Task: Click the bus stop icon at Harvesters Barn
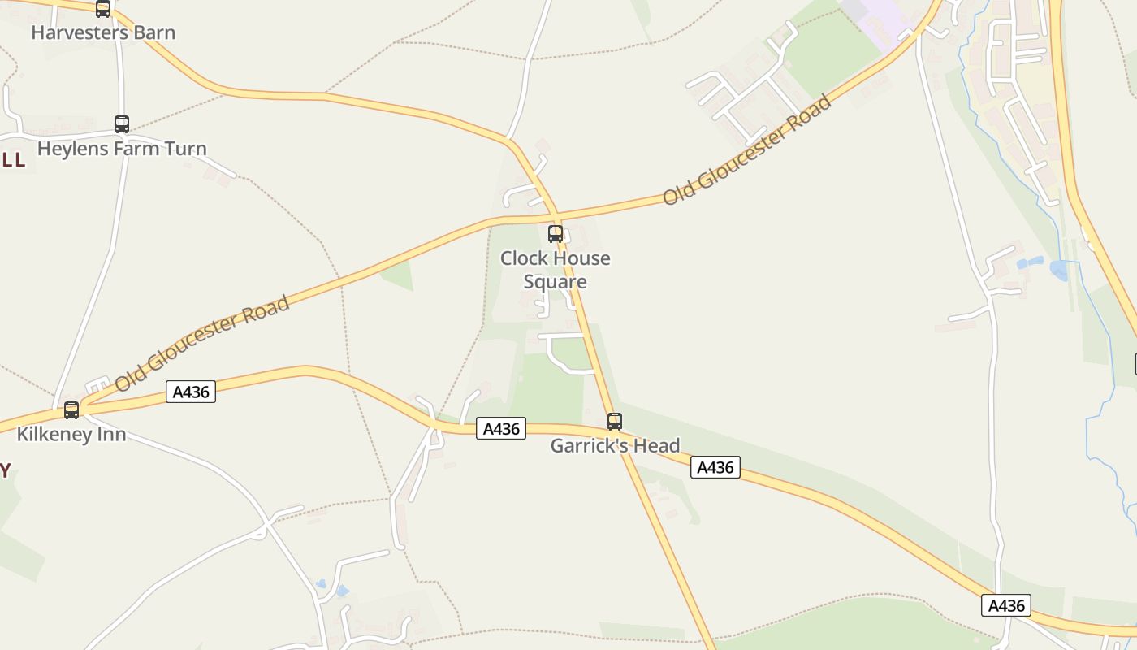(x=103, y=9)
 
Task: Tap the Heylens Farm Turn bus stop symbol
(x=122, y=124)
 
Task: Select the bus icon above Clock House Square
(x=556, y=234)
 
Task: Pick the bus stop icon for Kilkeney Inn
(x=71, y=410)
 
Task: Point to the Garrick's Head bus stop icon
(x=615, y=422)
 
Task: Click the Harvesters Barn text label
(x=103, y=32)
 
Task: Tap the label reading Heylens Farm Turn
(x=122, y=149)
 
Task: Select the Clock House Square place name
(x=556, y=270)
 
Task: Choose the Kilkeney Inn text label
(x=71, y=435)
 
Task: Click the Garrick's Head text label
(x=615, y=446)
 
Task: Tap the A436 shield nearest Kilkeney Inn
(x=191, y=392)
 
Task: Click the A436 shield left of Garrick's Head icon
(x=501, y=428)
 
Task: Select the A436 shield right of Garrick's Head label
(x=715, y=467)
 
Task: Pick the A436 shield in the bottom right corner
(x=1006, y=605)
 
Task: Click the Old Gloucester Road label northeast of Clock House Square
(x=747, y=150)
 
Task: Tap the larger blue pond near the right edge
(x=1059, y=271)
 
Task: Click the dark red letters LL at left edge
(x=14, y=160)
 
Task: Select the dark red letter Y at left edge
(x=5, y=470)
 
